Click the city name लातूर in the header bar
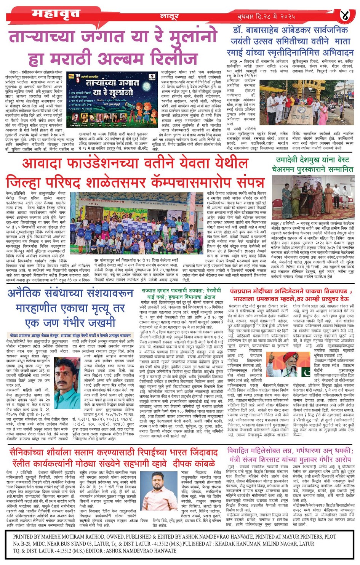[169, 17]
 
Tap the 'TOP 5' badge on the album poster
[78, 78]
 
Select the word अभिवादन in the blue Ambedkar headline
[333, 52]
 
